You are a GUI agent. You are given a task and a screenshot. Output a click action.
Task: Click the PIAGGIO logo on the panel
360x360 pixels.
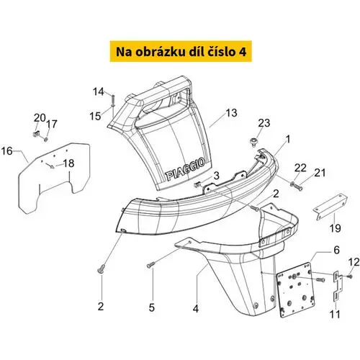coord(185,169)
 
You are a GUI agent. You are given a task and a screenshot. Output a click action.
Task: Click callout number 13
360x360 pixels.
coord(231,113)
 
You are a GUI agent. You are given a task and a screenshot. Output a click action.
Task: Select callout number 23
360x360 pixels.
coord(264,123)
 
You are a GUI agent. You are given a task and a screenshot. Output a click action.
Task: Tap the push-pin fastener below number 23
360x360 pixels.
coord(253,141)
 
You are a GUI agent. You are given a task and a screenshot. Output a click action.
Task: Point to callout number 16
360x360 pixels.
coord(6,151)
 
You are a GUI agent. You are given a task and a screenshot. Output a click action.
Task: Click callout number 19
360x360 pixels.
coord(335,228)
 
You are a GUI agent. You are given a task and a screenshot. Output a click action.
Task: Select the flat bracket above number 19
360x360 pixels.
coord(330,207)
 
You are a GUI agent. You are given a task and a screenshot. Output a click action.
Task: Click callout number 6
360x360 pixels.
coord(336,250)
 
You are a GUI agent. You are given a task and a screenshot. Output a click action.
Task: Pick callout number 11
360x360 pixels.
coord(335,314)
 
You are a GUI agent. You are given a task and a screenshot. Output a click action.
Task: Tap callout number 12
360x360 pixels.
coord(354,262)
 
